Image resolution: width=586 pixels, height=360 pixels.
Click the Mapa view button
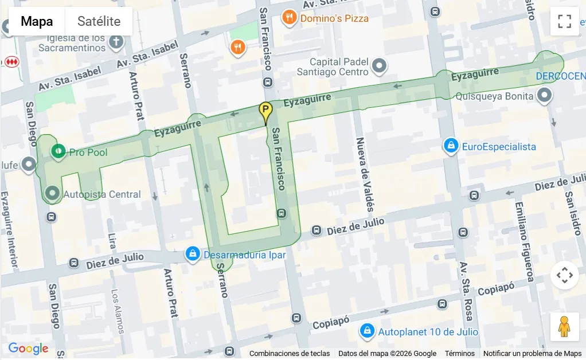[37, 22]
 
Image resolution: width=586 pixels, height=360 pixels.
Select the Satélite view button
[99, 22]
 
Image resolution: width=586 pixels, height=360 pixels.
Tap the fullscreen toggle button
[564, 22]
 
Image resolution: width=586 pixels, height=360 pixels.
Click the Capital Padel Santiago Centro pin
[379, 66]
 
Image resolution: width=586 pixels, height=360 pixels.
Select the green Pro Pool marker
[58, 152]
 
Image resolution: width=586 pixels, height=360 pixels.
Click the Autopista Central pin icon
[53, 193]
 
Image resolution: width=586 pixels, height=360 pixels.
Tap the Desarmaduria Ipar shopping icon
[193, 253]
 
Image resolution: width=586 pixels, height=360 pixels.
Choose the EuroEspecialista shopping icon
[451, 146]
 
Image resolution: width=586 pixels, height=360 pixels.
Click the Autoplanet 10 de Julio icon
[367, 331]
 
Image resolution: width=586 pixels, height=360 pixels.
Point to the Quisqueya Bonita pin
[545, 96]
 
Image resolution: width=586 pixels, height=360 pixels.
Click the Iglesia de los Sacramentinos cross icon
[116, 41]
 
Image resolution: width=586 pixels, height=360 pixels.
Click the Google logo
[28, 349]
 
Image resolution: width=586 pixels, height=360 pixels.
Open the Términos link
[459, 354]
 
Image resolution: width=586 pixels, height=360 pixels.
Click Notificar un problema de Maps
[532, 354]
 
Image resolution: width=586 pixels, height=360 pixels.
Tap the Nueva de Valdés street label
[365, 174]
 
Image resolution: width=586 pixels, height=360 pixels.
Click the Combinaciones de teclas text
[290, 354]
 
